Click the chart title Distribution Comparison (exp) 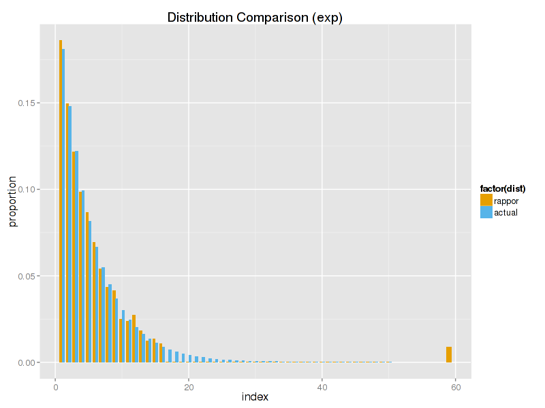255,18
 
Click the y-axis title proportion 13,202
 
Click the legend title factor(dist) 503,188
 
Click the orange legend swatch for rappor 486,201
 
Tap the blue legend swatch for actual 486,212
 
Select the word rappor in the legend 506,201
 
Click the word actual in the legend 506,212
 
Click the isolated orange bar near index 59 449,354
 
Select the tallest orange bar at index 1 61,204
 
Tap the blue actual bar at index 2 70,235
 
